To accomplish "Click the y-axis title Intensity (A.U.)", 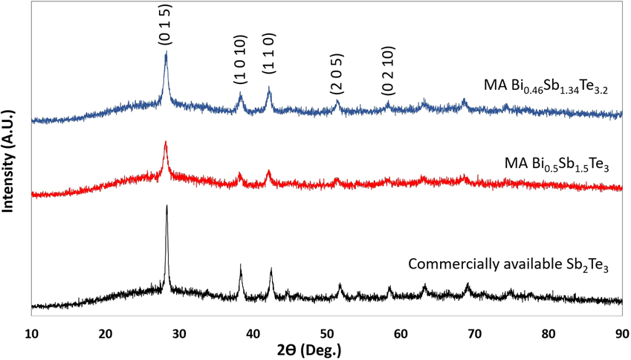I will [10, 158].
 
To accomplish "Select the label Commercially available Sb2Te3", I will [508, 264].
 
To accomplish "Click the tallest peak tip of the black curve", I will [166, 206].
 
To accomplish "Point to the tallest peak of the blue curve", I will [166, 52].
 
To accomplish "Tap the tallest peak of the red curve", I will [166, 142].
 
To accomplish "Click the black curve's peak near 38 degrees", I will [241, 265].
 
